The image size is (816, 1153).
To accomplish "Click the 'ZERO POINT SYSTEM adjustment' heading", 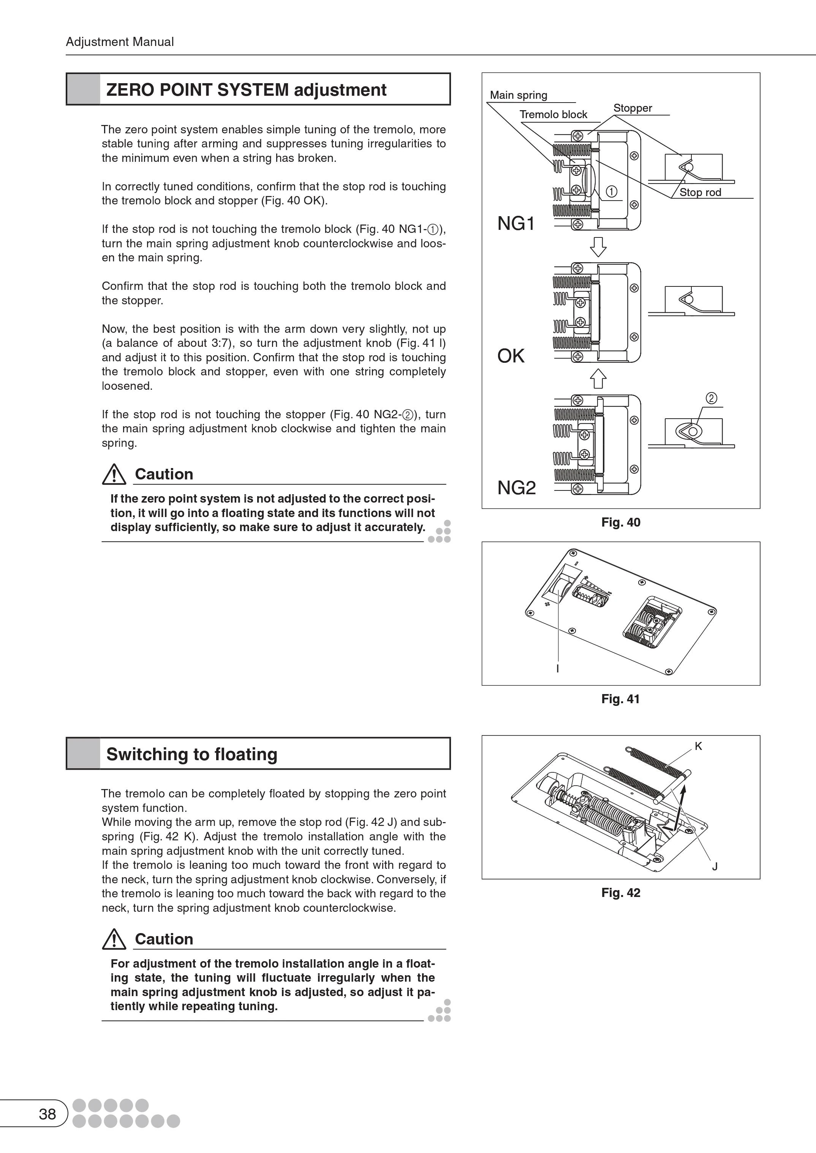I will pos(246,90).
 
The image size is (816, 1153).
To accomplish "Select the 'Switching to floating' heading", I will pos(191,754).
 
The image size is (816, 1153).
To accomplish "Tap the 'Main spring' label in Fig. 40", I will pos(519,95).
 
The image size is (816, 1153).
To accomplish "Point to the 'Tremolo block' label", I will pos(553,115).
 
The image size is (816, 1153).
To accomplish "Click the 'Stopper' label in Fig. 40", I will pos(633,108).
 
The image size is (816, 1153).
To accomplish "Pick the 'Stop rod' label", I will pos(700,192).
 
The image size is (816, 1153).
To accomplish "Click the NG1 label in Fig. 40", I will pos(516,223).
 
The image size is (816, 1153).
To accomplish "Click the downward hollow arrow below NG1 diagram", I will pos(598,246).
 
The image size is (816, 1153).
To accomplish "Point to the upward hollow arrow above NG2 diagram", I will pos(598,378).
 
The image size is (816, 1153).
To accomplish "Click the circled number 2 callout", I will pos(712,399).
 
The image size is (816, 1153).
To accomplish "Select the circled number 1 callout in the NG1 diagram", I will pos(612,191).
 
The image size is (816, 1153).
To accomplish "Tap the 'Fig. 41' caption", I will pos(620,699).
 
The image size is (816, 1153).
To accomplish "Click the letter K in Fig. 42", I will pos(698,746).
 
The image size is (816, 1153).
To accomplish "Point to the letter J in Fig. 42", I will pos(715,866).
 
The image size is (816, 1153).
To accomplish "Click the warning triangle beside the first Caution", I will pos(114,474).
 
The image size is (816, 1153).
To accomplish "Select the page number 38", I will pos(47,1114).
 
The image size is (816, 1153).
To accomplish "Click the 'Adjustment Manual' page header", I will pos(120,42).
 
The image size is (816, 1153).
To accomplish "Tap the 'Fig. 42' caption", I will pos(620,892).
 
